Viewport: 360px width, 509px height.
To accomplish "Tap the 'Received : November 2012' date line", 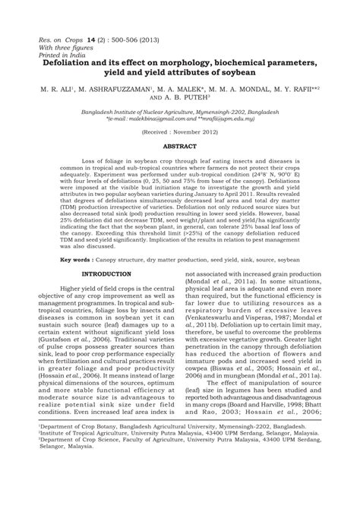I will (179, 131).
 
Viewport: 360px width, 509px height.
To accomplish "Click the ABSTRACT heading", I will (179, 144).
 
